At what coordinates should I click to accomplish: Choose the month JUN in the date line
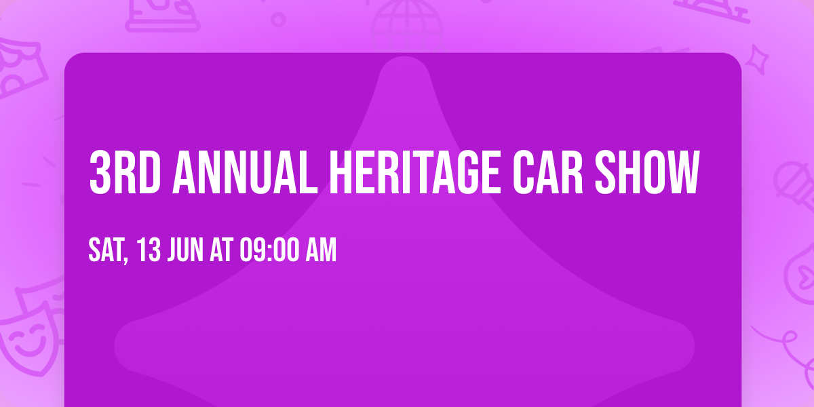pyautogui.click(x=185, y=251)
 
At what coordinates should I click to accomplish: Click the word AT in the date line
pyautogui.click(x=222, y=251)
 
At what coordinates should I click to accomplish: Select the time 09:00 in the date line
pyautogui.click(x=269, y=251)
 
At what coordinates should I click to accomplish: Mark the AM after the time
pyautogui.click(x=321, y=251)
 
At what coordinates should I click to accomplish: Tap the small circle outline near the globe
pyautogui.click(x=278, y=19)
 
